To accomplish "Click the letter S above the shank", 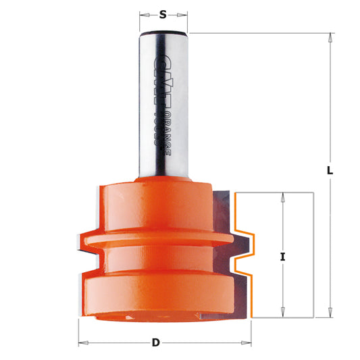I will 163,14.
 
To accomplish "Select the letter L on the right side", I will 330,171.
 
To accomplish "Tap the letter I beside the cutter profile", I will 282,257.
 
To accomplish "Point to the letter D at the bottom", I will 156,342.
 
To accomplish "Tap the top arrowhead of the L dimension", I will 330,38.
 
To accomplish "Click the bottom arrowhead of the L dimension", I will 330,312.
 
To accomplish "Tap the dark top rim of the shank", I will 163,31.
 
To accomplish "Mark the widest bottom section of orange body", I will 155,294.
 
